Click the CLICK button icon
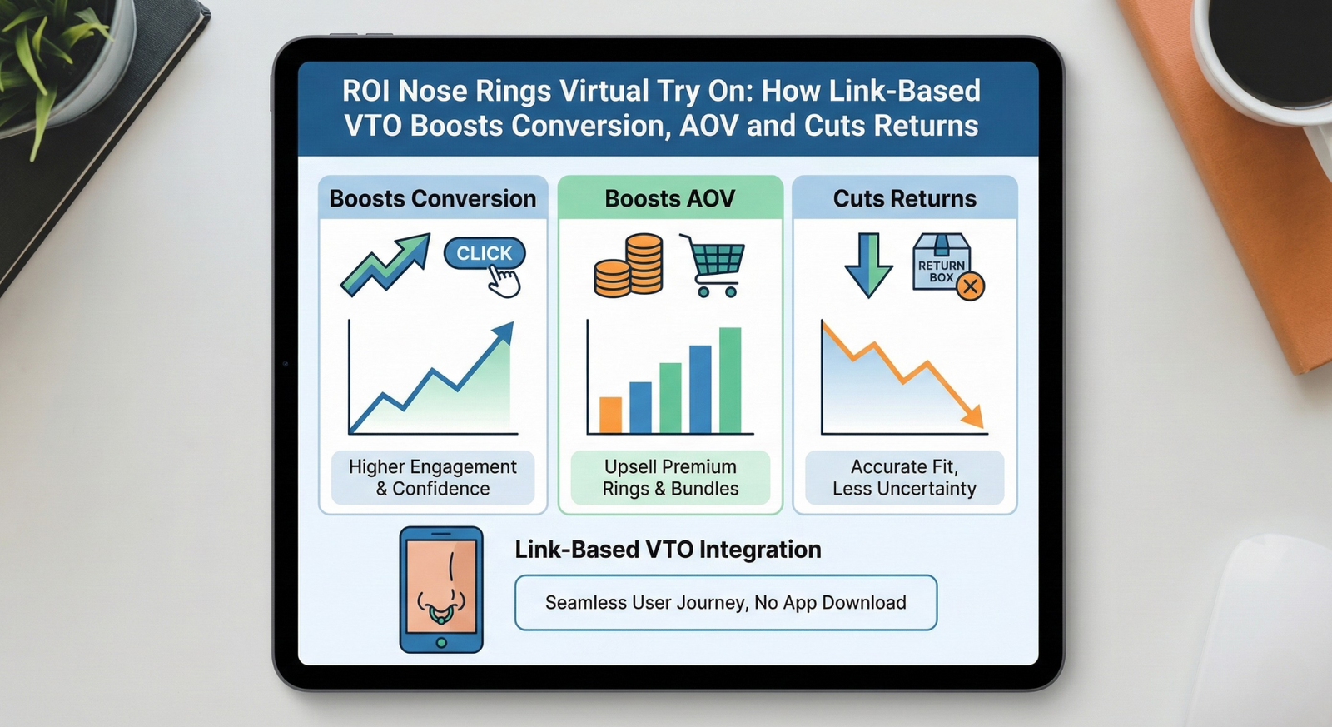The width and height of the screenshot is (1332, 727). point(485,254)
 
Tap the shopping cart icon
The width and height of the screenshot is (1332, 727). point(713,265)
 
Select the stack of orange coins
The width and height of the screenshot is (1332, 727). point(629,266)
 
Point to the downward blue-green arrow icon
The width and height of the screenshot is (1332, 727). point(869,265)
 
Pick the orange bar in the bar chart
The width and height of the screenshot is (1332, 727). point(611,415)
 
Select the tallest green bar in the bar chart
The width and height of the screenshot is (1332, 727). point(730,381)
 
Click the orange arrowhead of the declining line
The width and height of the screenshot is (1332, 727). point(974,417)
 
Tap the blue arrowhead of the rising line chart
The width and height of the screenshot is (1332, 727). point(504,332)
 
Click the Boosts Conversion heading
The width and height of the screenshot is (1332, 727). point(433,199)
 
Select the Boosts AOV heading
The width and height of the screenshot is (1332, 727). point(670,199)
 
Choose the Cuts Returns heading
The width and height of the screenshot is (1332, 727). point(904,199)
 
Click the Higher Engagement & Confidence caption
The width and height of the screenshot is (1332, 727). point(433,478)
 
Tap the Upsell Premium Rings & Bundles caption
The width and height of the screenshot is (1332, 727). point(670,478)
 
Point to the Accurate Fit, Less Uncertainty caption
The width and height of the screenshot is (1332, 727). point(904,478)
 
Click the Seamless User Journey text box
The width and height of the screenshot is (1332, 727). point(726,603)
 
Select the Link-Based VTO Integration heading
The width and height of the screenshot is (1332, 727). point(668,550)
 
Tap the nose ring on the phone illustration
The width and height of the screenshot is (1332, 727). point(440,614)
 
